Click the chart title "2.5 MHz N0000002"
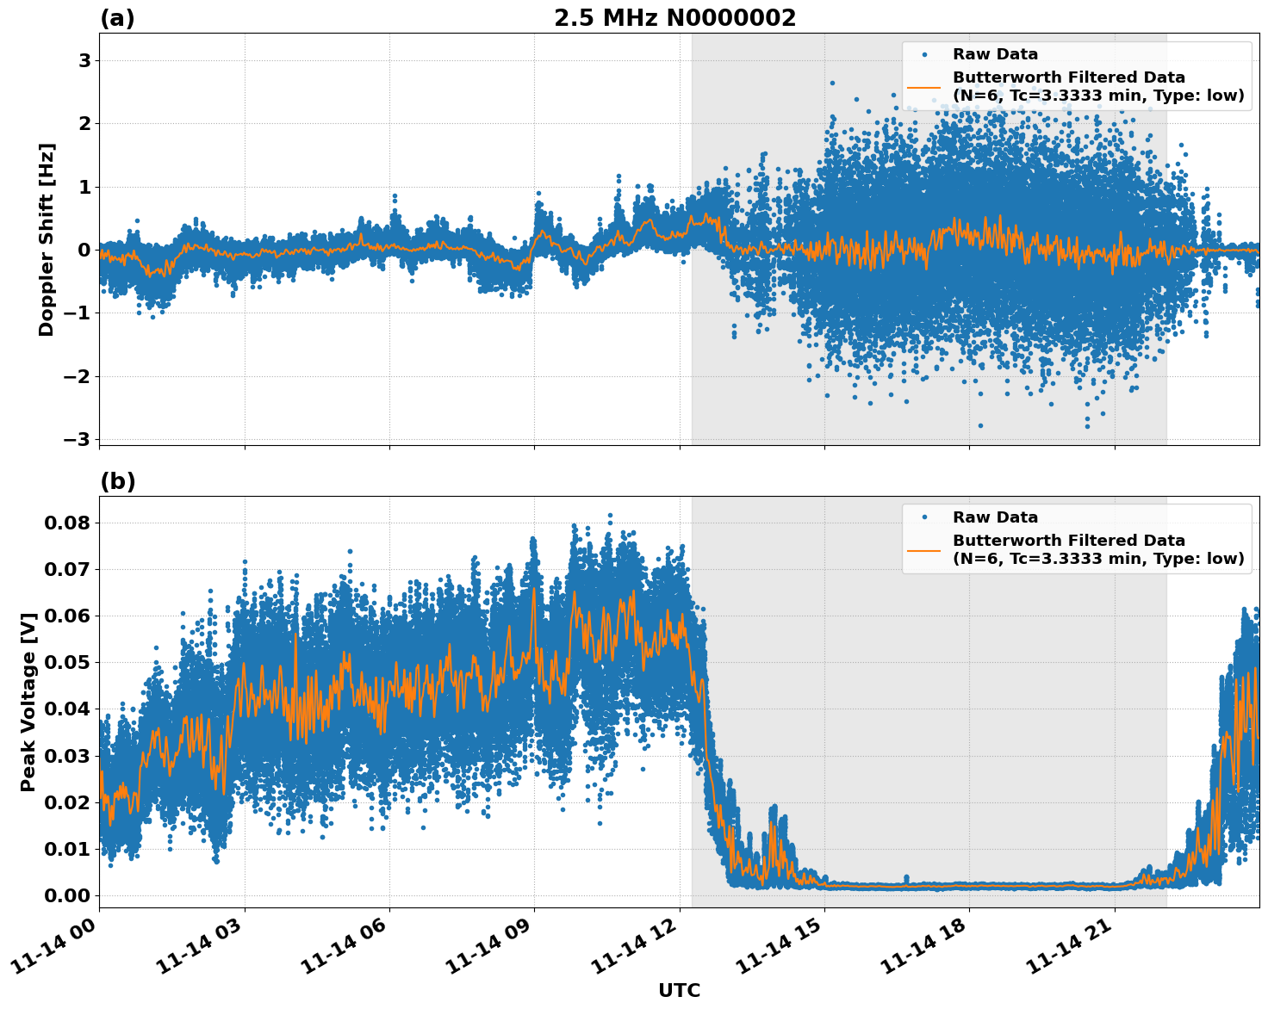tap(674, 18)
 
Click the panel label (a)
tap(117, 18)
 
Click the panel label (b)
tap(117, 481)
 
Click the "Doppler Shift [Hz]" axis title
tap(47, 239)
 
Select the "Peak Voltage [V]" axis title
tap(28, 702)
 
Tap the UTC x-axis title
tap(679, 990)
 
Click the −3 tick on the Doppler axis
tap(78, 439)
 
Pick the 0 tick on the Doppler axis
tap(84, 250)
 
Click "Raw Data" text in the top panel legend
tap(995, 54)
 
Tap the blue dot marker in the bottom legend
tap(923, 517)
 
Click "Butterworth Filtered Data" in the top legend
tap(1068, 77)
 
